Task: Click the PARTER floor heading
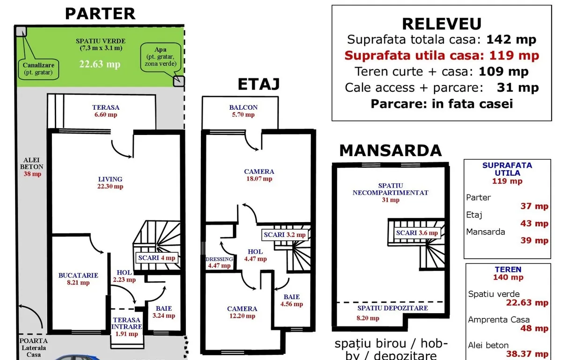tap(100, 14)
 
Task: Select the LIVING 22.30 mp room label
tap(111, 182)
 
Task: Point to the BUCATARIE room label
tap(78, 278)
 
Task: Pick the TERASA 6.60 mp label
tap(105, 111)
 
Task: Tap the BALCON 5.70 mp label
tap(243, 111)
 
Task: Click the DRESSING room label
tap(219, 262)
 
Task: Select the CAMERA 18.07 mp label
tap(259, 175)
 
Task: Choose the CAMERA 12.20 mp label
tap(242, 312)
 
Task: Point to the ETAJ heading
tap(259, 84)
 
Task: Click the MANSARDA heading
tap(390, 150)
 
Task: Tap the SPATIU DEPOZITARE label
tap(392, 308)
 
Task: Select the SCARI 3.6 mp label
tap(417, 233)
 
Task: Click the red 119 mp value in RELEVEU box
tap(514, 56)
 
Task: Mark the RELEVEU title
tap(441, 24)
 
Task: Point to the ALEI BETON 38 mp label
tap(32, 166)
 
